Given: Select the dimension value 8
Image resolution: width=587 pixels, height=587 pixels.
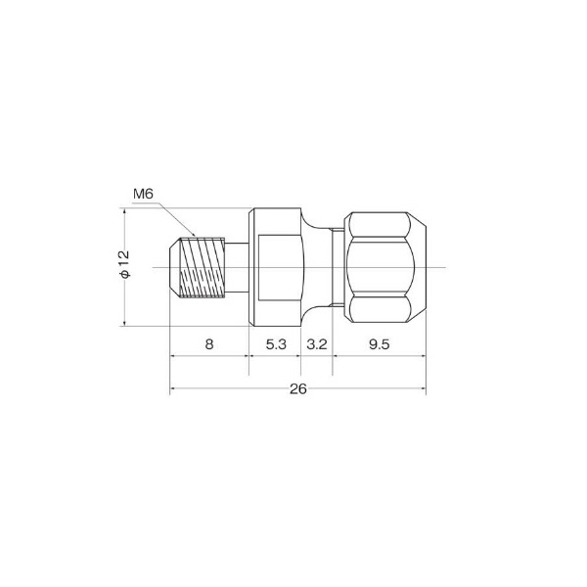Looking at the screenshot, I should click(209, 344).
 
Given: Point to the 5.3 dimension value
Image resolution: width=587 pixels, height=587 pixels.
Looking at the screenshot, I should click(275, 344).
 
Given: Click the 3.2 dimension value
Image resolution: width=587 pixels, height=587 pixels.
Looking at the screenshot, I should click(317, 344).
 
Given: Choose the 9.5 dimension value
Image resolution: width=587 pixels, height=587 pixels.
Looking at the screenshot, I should click(379, 344).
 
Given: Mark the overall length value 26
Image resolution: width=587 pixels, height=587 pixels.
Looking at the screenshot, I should click(298, 388).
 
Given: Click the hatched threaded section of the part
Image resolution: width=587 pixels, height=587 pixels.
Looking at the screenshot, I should click(203, 267).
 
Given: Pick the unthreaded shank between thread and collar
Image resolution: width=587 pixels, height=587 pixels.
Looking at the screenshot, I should click(234, 267).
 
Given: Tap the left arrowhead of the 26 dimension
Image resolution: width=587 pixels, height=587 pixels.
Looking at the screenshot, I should click(174, 389).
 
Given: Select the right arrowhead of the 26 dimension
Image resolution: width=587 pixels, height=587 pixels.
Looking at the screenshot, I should click(423, 389).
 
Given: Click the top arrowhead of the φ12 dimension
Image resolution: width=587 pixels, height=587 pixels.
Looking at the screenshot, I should click(124, 211).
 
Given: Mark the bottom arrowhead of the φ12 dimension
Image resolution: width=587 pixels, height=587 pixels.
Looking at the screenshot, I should click(124, 323).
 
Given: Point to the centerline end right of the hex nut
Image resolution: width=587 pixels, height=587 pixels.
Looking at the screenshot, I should click(445, 267).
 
